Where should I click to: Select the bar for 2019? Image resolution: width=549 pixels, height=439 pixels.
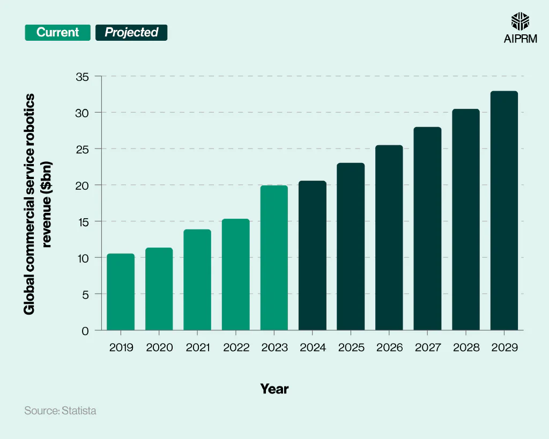[121, 292]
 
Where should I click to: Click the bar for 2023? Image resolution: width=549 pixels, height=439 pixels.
[274, 258]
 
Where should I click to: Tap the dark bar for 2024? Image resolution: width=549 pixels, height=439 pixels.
[312, 256]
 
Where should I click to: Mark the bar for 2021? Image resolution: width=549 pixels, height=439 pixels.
[197, 280]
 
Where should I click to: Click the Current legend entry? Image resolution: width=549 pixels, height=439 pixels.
[57, 32]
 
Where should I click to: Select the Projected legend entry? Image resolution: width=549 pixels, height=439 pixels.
[131, 32]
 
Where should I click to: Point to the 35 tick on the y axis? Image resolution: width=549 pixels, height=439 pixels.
[82, 76]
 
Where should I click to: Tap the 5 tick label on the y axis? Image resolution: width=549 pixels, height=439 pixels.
[85, 294]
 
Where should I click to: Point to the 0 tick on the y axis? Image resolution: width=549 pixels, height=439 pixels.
[85, 331]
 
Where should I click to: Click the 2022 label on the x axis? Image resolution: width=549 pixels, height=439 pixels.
[236, 347]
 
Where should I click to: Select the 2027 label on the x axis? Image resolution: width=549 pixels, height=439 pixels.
[428, 347]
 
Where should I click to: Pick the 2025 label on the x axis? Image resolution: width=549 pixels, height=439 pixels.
[351, 347]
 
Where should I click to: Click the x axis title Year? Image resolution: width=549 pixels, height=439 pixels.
[274, 389]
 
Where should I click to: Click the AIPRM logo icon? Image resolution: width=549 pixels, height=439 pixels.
[520, 21]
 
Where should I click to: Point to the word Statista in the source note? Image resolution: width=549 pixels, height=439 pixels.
[79, 411]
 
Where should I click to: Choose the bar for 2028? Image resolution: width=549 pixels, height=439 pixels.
[466, 220]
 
